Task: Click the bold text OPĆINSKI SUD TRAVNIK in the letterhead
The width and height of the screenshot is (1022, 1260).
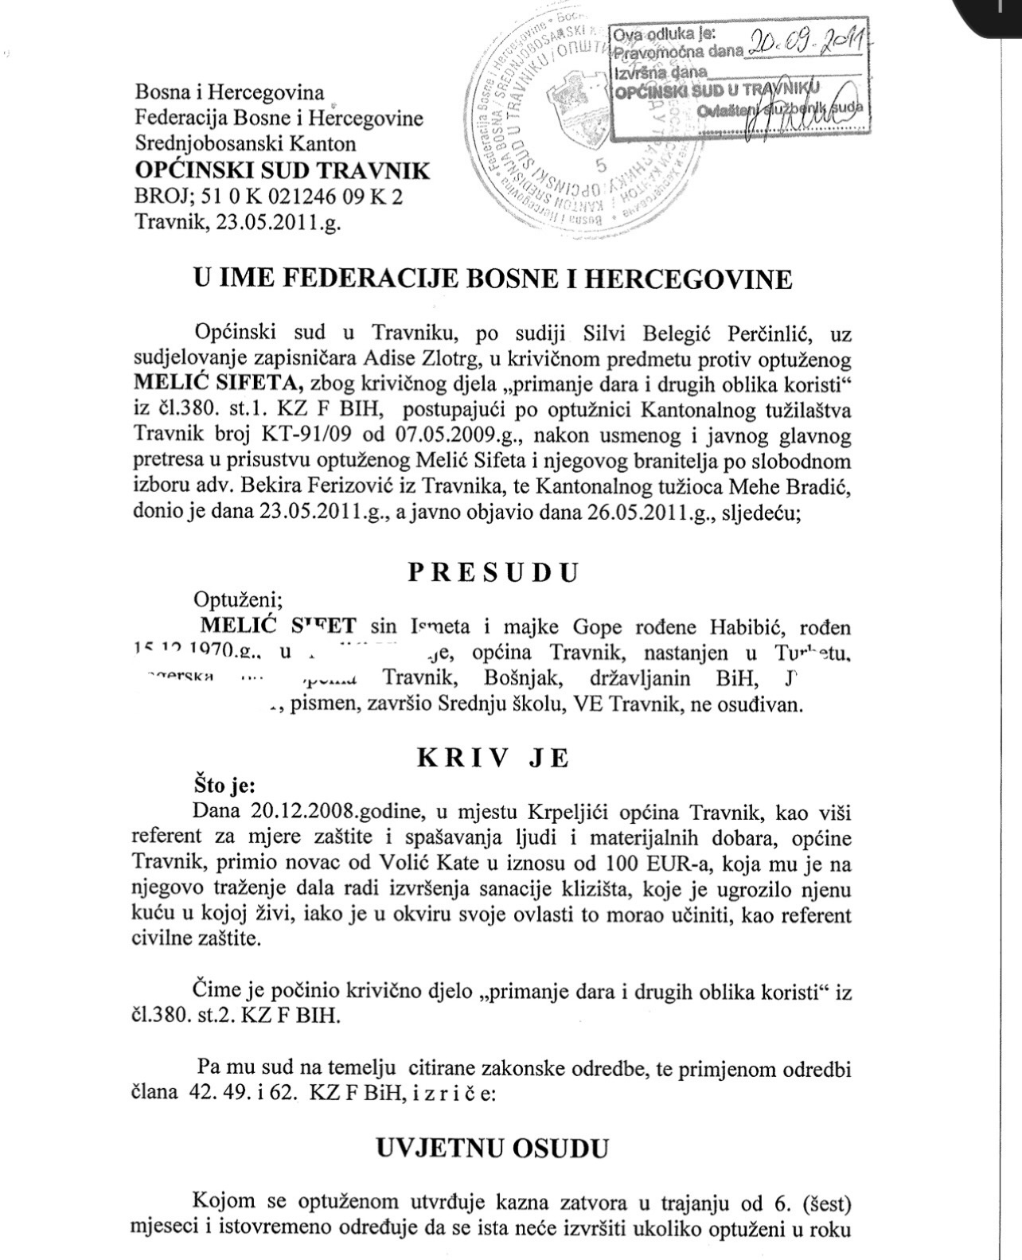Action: coord(283,170)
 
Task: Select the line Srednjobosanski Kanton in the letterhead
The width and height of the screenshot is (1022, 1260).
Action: coord(245,144)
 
